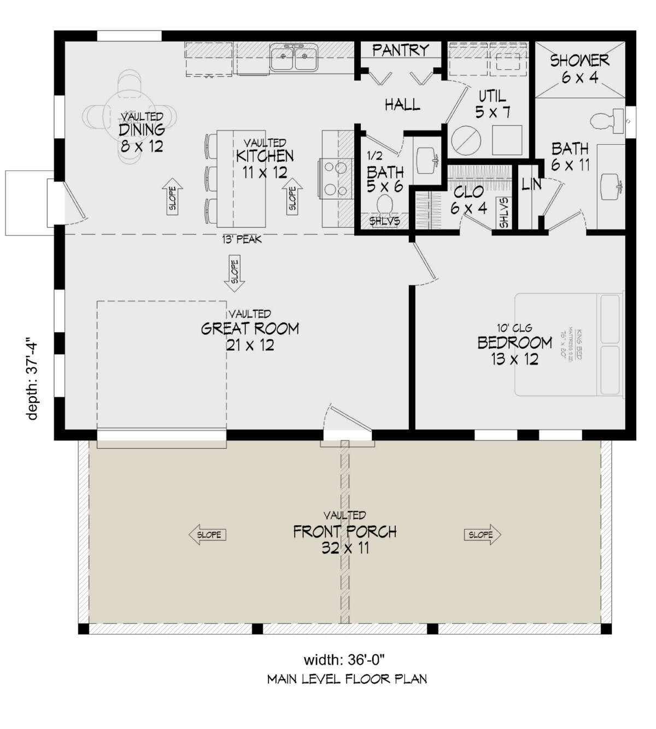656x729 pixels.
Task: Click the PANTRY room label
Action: [x=400, y=50]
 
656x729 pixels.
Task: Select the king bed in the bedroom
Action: [x=569, y=344]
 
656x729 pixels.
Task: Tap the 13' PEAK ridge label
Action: [x=242, y=239]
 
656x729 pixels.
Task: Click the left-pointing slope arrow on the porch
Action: [x=207, y=534]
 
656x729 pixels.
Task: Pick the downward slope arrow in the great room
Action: [x=235, y=273]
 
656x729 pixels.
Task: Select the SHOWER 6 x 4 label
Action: [x=579, y=68]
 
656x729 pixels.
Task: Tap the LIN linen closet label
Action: [x=531, y=185]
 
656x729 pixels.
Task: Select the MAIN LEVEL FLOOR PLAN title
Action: [x=347, y=679]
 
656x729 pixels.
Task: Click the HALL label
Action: [x=402, y=104]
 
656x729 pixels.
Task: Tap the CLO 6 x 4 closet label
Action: [x=468, y=199]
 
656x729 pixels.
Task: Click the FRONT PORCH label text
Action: [x=345, y=531]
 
